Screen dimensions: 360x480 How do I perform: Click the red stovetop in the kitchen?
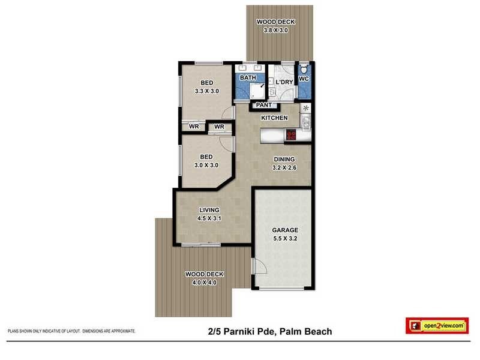(291, 135)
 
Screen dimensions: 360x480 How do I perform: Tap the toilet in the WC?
(304, 69)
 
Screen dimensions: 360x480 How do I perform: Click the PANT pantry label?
(263, 106)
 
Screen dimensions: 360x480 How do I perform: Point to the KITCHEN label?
(274, 118)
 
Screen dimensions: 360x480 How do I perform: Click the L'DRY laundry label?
(284, 81)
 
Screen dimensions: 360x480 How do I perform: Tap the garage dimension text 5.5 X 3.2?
(285, 238)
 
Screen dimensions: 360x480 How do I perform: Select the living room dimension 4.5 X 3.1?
(209, 218)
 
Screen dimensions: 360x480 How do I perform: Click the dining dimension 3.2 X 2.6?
(285, 168)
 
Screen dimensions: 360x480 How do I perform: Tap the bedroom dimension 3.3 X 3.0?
(207, 91)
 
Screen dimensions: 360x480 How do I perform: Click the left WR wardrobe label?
(194, 127)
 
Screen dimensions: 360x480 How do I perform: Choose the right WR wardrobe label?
(219, 127)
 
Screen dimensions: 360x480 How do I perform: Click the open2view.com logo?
(436, 326)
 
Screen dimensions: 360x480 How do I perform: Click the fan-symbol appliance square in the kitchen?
(306, 108)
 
